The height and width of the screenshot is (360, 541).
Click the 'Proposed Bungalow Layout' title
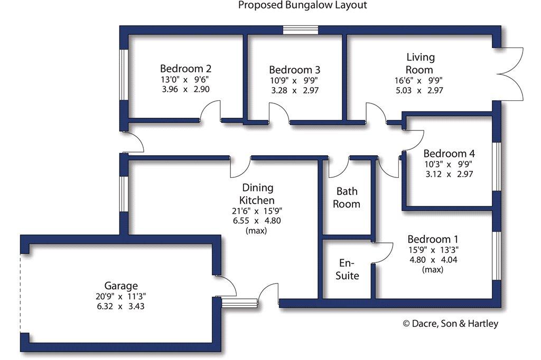click(x=303, y=5)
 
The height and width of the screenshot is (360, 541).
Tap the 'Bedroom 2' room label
click(x=185, y=68)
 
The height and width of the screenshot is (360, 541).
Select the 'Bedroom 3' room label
click(x=295, y=70)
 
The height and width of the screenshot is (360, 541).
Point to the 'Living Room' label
click(x=420, y=63)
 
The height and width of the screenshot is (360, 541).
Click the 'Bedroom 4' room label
click(x=449, y=153)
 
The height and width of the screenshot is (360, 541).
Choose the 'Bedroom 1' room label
click(x=433, y=239)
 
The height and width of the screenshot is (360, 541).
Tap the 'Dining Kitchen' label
click(x=257, y=194)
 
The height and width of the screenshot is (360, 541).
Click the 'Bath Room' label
click(x=347, y=197)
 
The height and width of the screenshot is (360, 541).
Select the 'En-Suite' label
click(x=347, y=269)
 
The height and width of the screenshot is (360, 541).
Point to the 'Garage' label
click(x=121, y=286)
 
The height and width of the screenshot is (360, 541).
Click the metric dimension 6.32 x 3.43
click(x=121, y=306)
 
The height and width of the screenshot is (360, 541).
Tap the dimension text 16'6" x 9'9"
click(x=418, y=81)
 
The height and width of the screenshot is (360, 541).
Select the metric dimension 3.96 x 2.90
click(x=185, y=89)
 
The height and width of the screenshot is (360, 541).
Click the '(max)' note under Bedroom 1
click(x=433, y=270)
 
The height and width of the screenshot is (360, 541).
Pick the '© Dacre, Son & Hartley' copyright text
click(x=451, y=324)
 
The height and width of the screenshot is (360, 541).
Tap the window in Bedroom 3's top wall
click(x=301, y=30)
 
